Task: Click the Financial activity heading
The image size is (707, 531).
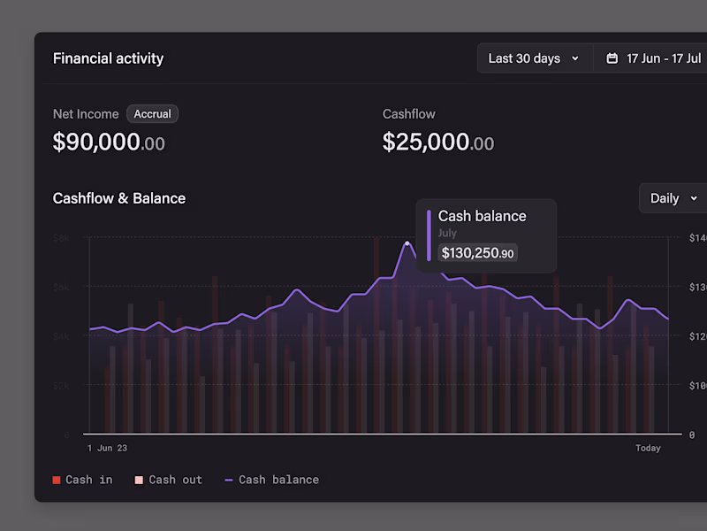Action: click(x=108, y=58)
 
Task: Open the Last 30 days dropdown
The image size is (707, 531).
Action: click(x=534, y=58)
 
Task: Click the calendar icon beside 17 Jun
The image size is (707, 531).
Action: click(x=612, y=58)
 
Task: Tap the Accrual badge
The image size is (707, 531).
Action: click(x=152, y=114)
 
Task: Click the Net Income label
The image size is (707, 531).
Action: click(x=86, y=114)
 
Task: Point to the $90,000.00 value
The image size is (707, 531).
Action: click(x=109, y=142)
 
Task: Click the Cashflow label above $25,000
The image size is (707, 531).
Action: click(x=408, y=114)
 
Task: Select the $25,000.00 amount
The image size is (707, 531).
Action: click(x=437, y=142)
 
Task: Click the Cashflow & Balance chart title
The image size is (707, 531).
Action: click(x=119, y=198)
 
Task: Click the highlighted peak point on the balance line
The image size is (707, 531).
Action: click(x=407, y=242)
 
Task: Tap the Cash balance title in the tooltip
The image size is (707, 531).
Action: click(x=482, y=216)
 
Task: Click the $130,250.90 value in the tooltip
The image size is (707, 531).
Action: click(x=477, y=253)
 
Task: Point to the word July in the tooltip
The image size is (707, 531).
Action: click(x=447, y=234)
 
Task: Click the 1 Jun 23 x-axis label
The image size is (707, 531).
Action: click(x=107, y=448)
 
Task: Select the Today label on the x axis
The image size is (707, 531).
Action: click(x=648, y=448)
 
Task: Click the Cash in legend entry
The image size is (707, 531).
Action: click(x=83, y=480)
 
